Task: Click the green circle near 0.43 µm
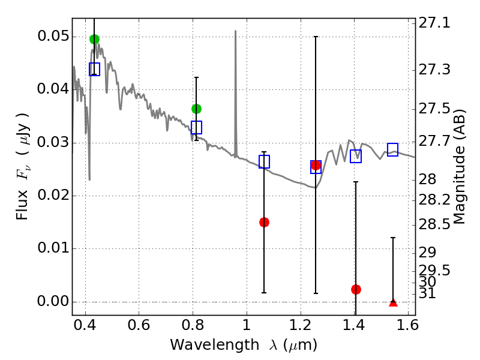tap(94, 39)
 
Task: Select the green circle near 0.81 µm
tap(196, 109)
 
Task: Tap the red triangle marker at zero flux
tap(393, 303)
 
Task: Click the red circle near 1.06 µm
tap(264, 222)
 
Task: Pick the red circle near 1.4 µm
tap(356, 289)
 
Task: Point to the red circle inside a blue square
tap(316, 166)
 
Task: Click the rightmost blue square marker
tap(392, 149)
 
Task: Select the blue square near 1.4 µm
tap(356, 156)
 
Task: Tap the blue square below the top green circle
tap(94, 69)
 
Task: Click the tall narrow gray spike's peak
tap(235, 31)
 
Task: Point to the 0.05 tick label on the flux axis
tap(53, 36)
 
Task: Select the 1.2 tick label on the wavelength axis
tap(301, 325)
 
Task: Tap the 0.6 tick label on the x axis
tap(139, 325)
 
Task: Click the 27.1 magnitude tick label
tap(434, 23)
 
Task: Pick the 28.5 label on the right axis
tap(434, 224)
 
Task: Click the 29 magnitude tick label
tap(427, 252)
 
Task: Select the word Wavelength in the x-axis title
tap(214, 345)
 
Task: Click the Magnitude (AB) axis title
tap(459, 167)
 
